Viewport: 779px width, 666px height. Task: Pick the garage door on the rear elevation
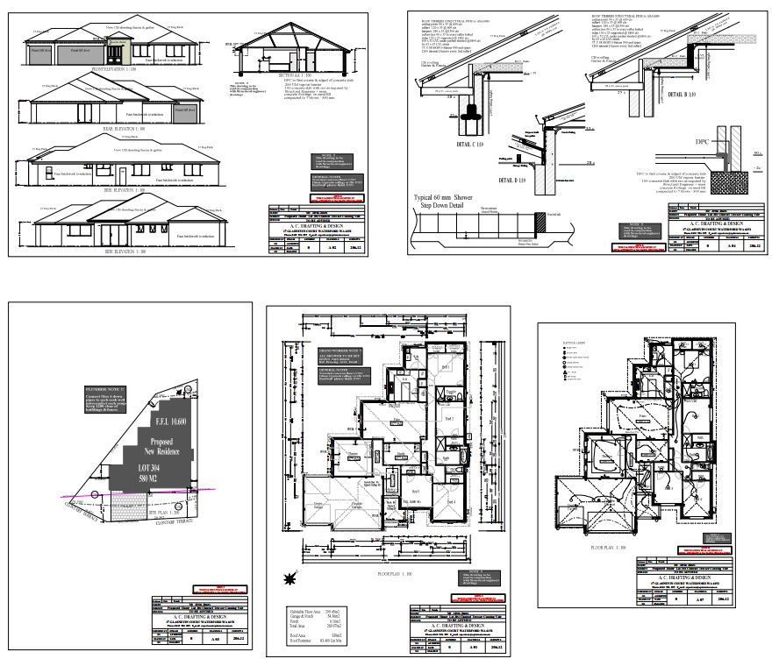(183, 115)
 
